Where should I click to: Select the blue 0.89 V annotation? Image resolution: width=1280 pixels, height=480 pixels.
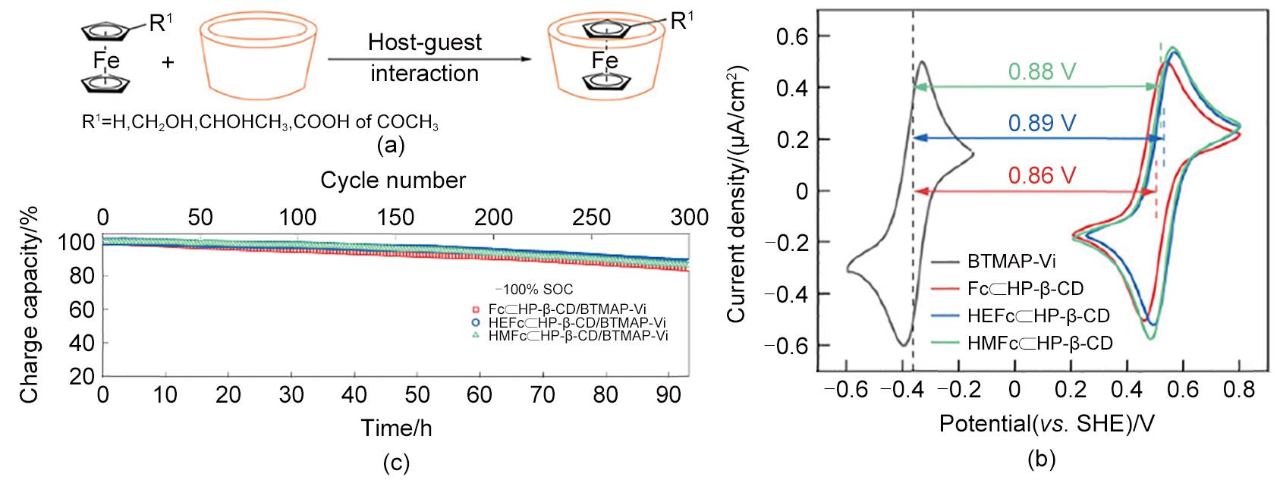[1042, 124]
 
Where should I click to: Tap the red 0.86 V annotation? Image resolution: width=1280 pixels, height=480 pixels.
[1042, 176]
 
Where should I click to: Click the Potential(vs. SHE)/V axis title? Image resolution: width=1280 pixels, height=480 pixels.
[1047, 423]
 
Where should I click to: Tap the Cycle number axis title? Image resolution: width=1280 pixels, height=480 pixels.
[393, 180]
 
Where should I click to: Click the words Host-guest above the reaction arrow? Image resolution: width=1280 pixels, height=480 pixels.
[425, 42]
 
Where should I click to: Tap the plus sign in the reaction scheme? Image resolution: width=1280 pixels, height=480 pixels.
[168, 62]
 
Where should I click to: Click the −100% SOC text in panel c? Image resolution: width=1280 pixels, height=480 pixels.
[533, 290]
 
